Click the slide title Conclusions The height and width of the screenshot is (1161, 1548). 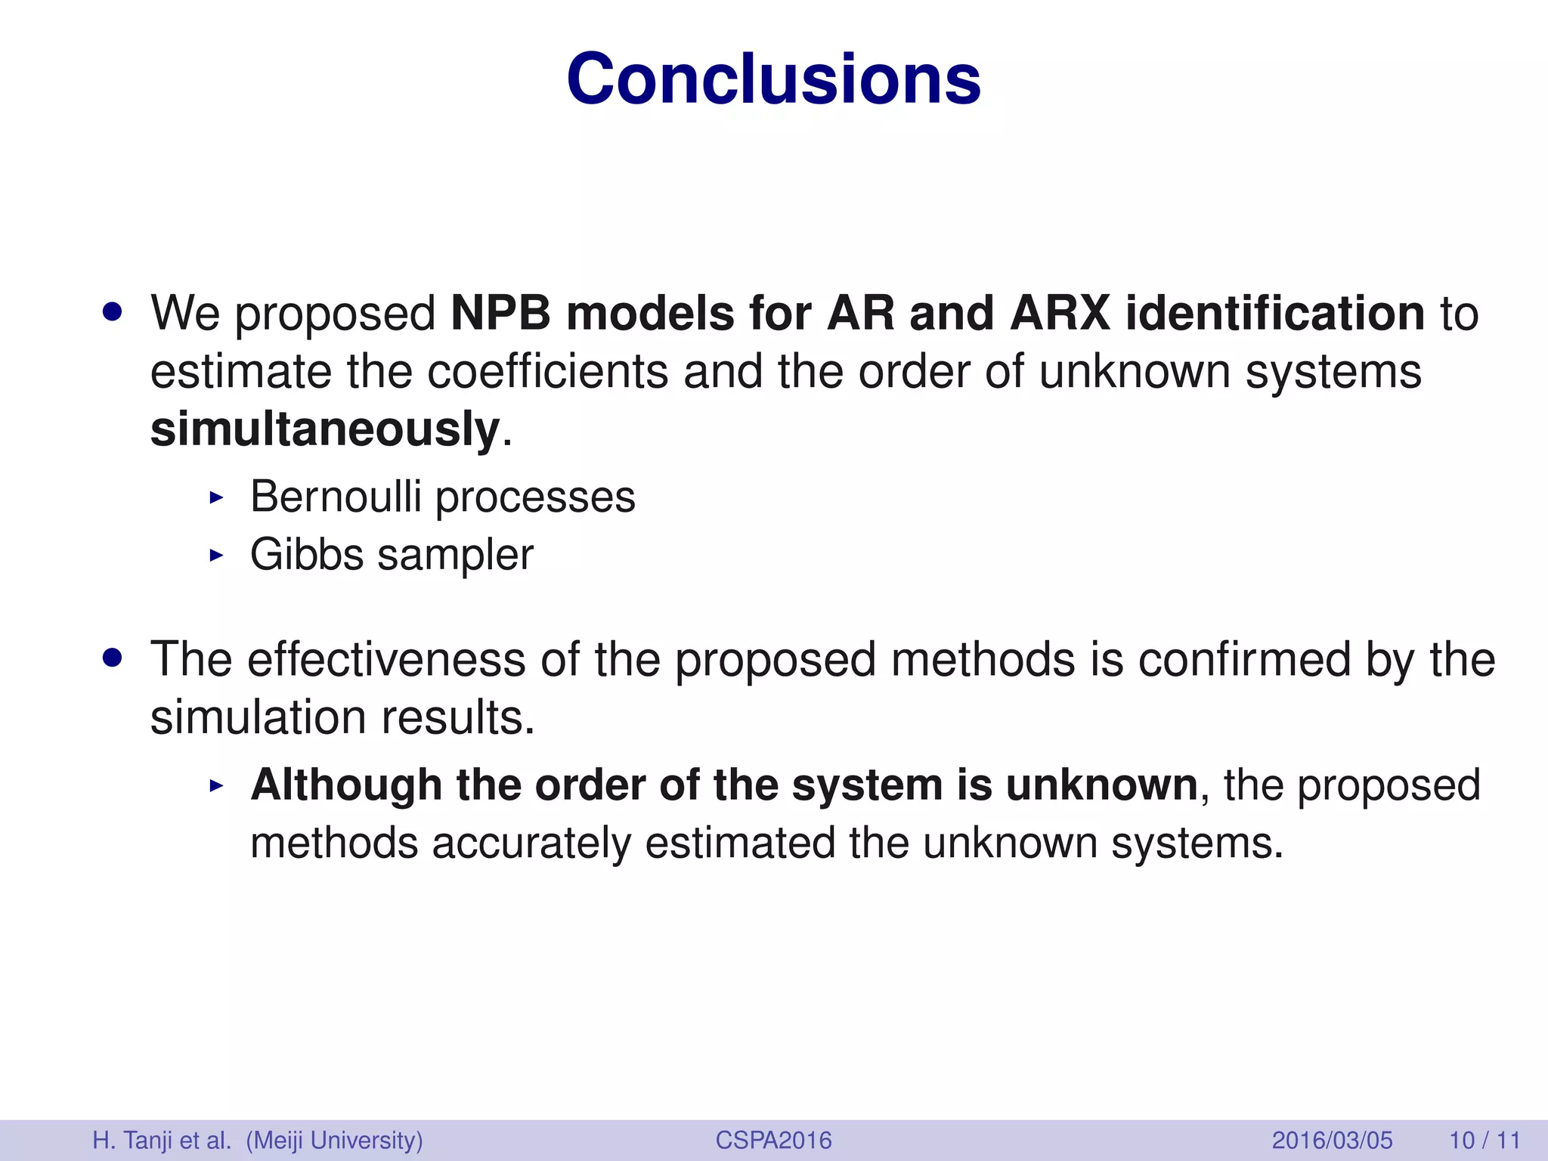click(773, 79)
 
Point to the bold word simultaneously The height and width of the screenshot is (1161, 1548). click(325, 429)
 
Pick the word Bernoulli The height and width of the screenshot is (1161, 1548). click(336, 497)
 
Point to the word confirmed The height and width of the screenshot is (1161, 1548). click(1243, 659)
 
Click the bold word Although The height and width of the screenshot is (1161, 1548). click(346, 785)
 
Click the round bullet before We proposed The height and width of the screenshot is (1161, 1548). click(113, 313)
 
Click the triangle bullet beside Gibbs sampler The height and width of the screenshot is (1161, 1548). click(217, 556)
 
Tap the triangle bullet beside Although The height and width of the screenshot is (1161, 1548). click(217, 786)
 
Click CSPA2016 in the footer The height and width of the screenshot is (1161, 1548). click(773, 1140)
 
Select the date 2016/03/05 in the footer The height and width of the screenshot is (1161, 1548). click(1332, 1140)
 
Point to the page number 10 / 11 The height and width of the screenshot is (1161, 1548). click(1485, 1140)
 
